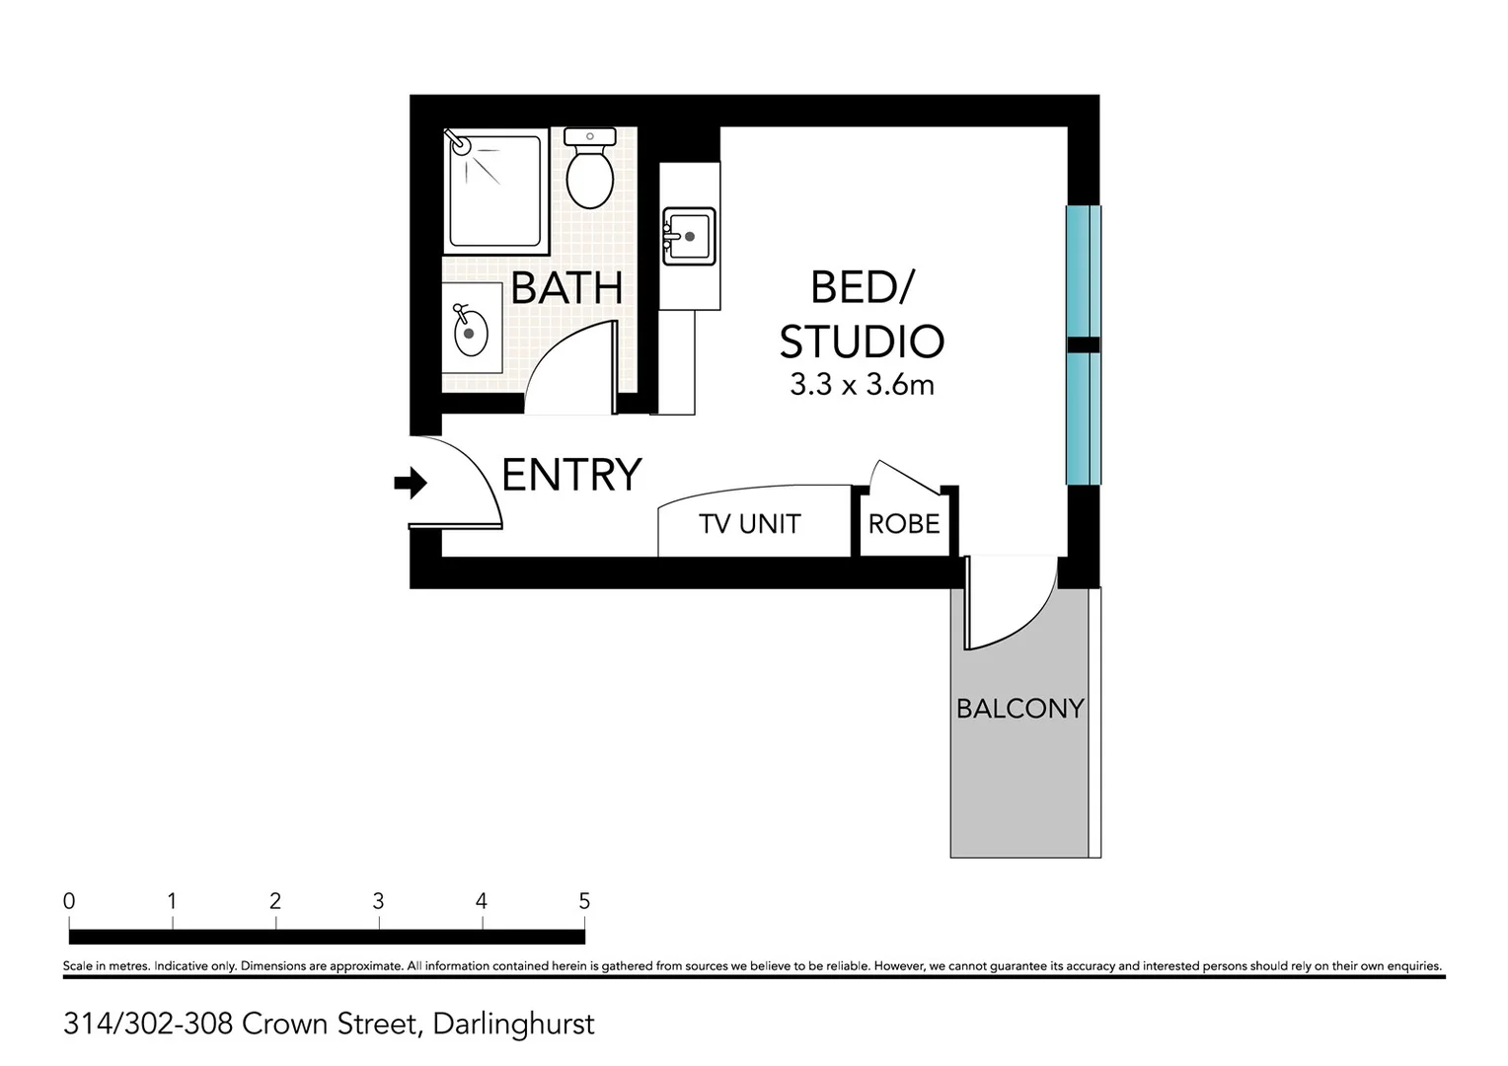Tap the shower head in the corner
click(x=460, y=143)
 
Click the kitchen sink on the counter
click(x=689, y=236)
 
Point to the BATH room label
click(x=566, y=288)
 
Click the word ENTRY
click(x=571, y=475)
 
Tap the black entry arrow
click(x=410, y=484)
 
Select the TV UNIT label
click(x=749, y=524)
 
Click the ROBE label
click(x=903, y=524)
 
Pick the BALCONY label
click(x=1019, y=709)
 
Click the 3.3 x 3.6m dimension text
click(x=862, y=385)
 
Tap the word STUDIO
click(x=862, y=342)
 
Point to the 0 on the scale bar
click(x=69, y=901)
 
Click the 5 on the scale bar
click(x=584, y=901)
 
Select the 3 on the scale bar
click(x=378, y=901)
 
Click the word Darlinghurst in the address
click(x=513, y=1025)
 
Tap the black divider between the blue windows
click(x=1083, y=344)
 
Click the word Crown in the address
click(x=286, y=1025)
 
